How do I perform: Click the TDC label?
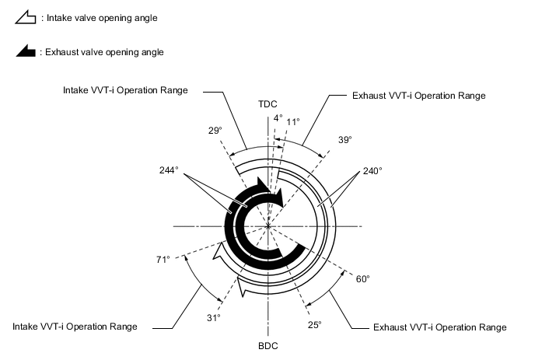[x=267, y=104]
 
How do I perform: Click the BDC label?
[x=267, y=344]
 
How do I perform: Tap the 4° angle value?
[x=278, y=118]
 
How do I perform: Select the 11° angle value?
[x=293, y=122]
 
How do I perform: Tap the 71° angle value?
[x=163, y=259]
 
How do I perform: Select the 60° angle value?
[x=363, y=278]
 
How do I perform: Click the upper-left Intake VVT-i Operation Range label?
[x=125, y=90]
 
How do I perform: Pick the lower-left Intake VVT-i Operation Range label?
[x=75, y=327]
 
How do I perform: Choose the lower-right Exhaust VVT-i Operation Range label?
[x=440, y=327]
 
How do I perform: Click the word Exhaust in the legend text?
[x=61, y=53]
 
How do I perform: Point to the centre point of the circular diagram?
[x=267, y=226]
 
